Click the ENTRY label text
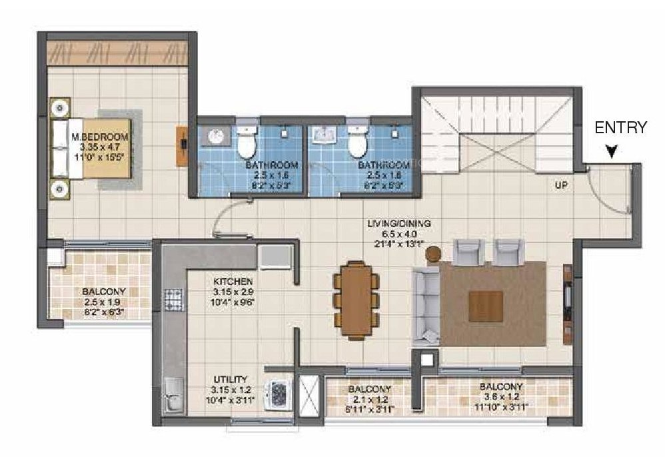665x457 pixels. coord(620,127)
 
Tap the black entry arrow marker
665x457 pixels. coord(611,153)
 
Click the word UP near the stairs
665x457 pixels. coord(561,186)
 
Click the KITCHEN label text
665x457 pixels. coord(233,281)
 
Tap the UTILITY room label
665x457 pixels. coord(229,378)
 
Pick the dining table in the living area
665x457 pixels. coord(356,298)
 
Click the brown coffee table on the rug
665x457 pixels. coord(486,306)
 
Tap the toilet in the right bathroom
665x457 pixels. coord(357,140)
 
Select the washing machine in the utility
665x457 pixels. coord(277,394)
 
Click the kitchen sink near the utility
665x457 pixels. coord(172,393)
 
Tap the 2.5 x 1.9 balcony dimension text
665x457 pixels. coord(103,301)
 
